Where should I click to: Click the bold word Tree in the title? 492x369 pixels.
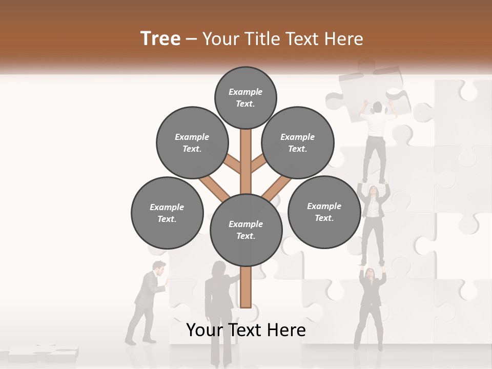(x=160, y=38)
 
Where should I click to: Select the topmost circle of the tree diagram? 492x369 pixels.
(x=245, y=97)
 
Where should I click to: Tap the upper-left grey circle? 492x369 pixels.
(x=192, y=142)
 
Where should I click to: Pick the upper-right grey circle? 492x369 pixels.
(x=298, y=142)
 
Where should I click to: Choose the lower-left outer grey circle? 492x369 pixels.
(x=167, y=213)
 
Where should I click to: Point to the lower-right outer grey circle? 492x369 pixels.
(x=324, y=212)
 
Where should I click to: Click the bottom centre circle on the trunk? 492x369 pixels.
(x=246, y=230)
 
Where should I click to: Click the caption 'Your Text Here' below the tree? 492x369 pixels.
(x=246, y=330)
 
